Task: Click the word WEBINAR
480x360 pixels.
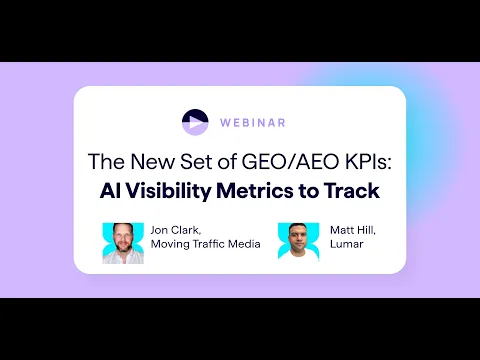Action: click(x=253, y=123)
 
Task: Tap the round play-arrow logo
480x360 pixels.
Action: click(x=195, y=122)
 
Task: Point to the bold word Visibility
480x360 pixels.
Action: click(x=169, y=191)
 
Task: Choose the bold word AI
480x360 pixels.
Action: click(x=110, y=191)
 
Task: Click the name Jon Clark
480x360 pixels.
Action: click(x=176, y=230)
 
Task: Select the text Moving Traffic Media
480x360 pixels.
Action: click(x=205, y=244)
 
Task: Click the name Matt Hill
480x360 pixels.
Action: click(x=353, y=230)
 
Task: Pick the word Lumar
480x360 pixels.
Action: click(x=347, y=244)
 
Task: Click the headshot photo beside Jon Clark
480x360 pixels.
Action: click(x=123, y=243)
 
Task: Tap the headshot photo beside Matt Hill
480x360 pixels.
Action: click(x=299, y=241)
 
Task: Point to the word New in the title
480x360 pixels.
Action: click(x=152, y=162)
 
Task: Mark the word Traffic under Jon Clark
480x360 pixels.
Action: click(x=209, y=244)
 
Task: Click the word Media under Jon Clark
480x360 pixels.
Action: click(x=244, y=244)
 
